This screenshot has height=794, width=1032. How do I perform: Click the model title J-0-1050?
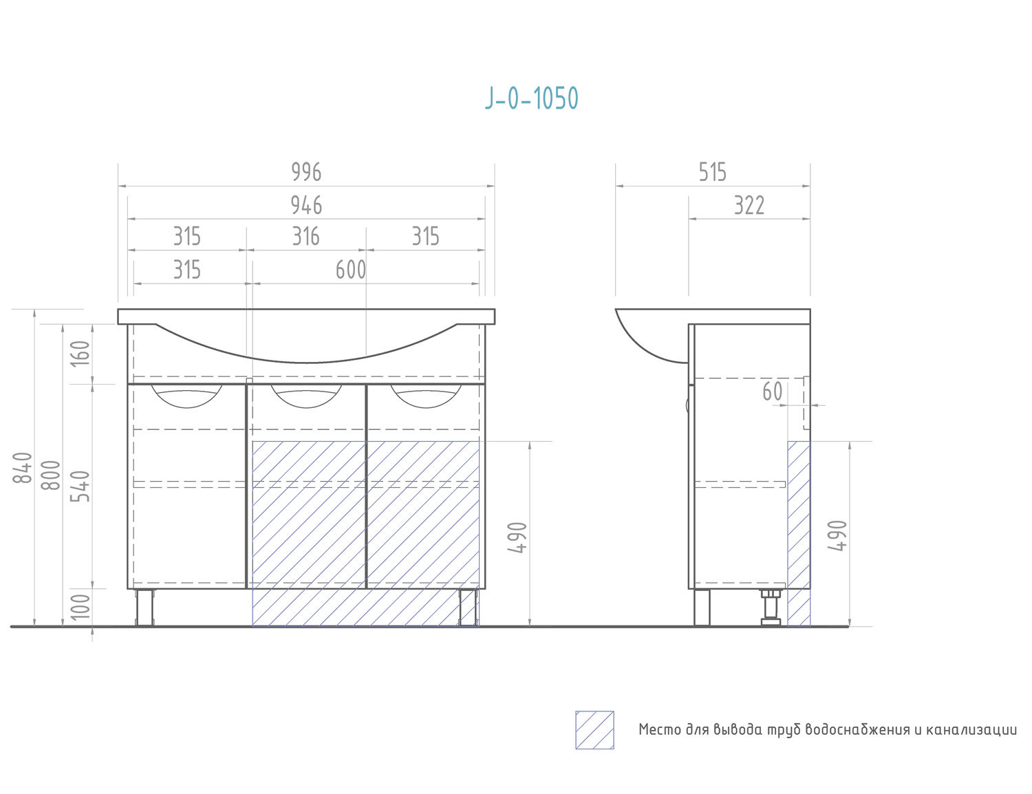click(531, 99)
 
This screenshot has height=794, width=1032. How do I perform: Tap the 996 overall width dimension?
click(306, 172)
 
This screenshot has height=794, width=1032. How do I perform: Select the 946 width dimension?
click(306, 205)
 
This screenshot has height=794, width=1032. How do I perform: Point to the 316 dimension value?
click(306, 237)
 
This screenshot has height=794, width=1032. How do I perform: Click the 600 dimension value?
click(351, 270)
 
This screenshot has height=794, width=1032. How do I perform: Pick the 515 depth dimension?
click(712, 172)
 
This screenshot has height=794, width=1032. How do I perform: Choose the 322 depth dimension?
click(749, 205)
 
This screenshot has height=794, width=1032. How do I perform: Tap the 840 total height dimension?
click(22, 468)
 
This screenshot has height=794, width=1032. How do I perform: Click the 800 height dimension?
click(51, 475)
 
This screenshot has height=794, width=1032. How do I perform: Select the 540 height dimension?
click(80, 486)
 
